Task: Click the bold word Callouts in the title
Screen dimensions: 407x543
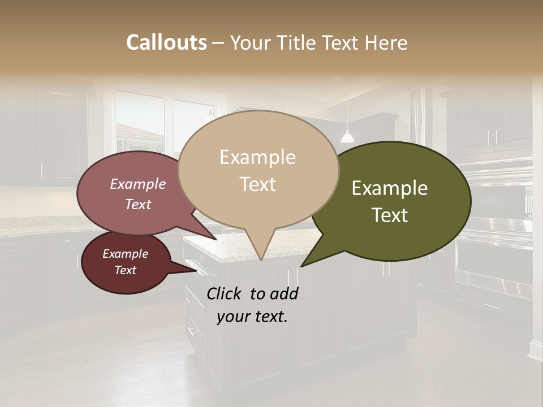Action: (x=166, y=42)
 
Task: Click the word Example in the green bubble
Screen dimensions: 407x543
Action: (x=390, y=188)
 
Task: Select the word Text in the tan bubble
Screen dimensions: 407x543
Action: (x=258, y=184)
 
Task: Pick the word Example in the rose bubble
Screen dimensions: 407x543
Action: (x=137, y=184)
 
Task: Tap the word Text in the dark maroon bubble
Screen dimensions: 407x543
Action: (x=125, y=270)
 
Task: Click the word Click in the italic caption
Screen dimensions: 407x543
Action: (x=225, y=293)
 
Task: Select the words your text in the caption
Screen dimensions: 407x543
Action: (x=252, y=317)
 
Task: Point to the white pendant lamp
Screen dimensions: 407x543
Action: (x=347, y=137)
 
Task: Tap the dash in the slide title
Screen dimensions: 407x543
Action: (x=219, y=42)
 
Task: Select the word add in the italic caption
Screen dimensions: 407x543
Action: (x=284, y=293)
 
